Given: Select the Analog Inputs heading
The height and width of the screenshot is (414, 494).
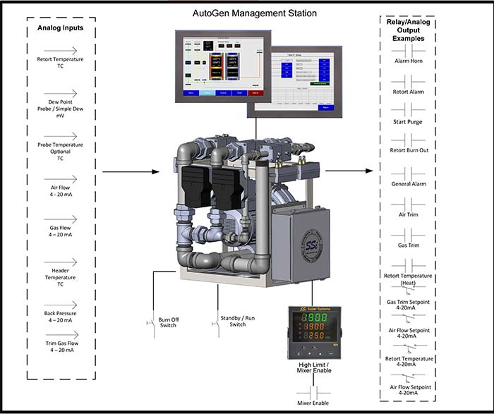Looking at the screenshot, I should pos(60,28).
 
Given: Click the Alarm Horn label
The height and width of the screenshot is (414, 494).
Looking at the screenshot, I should pos(407,61).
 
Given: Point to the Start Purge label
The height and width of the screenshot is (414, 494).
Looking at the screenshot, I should pos(407,121).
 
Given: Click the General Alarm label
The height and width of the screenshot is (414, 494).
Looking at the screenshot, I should pos(407,184).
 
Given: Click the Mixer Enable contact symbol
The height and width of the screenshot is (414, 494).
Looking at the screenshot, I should pos(314,390).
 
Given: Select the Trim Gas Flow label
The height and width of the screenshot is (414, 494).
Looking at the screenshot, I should pos(61,346).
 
